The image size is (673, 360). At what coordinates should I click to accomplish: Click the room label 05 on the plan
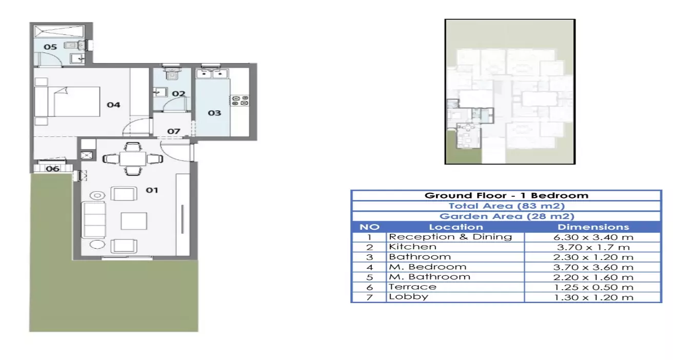(x=50, y=47)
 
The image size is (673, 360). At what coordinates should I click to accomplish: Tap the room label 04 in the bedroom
(x=113, y=105)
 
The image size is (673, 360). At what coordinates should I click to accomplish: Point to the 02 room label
(x=179, y=94)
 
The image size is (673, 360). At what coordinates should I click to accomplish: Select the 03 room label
(x=214, y=113)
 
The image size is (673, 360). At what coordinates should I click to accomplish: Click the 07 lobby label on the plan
(x=174, y=131)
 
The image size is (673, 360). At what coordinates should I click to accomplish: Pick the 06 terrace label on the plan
(x=52, y=169)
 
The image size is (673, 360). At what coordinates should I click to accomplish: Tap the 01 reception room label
(x=152, y=190)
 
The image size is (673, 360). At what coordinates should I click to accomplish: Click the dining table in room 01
(x=133, y=158)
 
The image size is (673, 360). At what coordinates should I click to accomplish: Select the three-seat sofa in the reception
(x=94, y=220)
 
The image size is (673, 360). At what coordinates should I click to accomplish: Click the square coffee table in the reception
(x=134, y=221)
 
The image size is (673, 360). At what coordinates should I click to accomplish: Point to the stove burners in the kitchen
(x=240, y=101)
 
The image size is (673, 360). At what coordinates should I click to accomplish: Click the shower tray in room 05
(x=58, y=31)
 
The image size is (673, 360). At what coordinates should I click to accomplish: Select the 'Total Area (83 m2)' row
(x=507, y=206)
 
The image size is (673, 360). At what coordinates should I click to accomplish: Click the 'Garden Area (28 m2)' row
(x=507, y=216)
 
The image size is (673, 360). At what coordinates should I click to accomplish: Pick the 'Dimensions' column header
(x=593, y=227)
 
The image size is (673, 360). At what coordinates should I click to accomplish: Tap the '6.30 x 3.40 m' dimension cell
(x=593, y=237)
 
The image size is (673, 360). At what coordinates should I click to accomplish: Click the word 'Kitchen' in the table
(x=412, y=247)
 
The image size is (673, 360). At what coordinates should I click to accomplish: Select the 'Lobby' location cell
(x=409, y=297)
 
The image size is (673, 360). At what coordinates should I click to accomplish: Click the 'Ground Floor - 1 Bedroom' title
(x=507, y=195)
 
